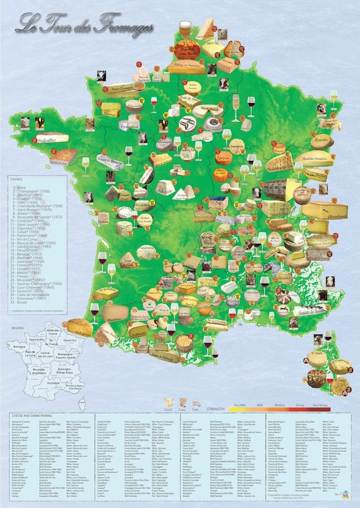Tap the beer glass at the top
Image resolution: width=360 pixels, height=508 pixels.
click(184, 28)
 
